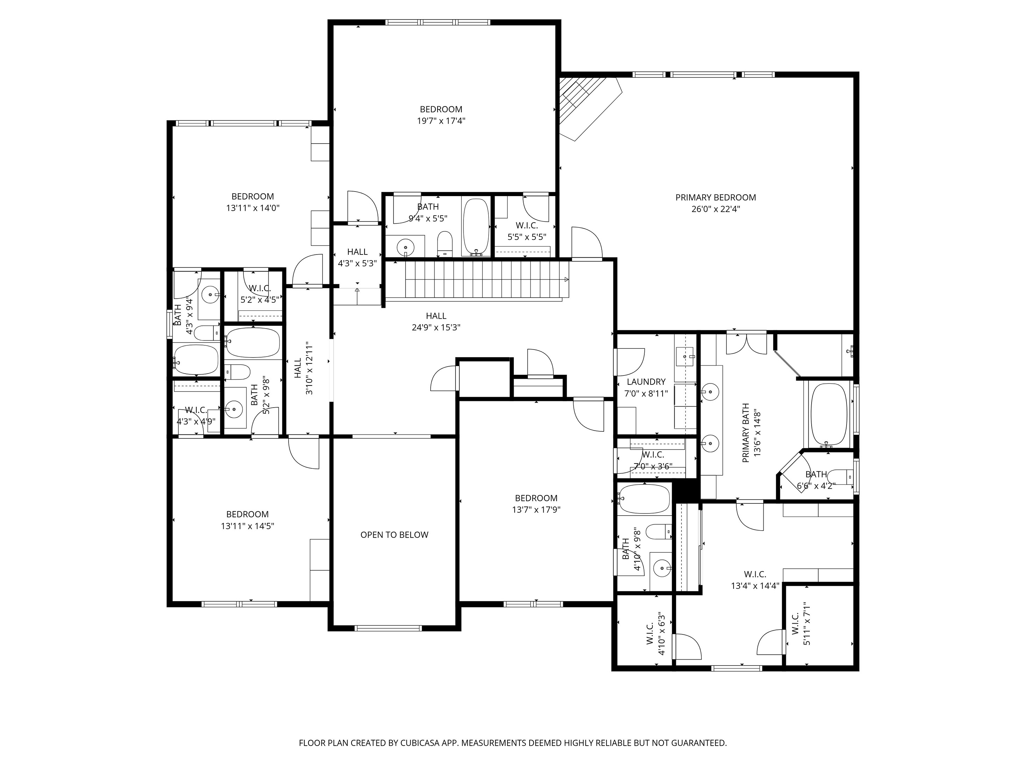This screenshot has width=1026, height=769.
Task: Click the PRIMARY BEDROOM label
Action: tap(715, 197)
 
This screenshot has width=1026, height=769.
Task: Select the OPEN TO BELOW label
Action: tap(394, 535)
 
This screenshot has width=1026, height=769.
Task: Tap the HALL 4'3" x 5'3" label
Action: tap(357, 258)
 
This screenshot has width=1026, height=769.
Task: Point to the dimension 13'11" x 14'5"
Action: tap(247, 526)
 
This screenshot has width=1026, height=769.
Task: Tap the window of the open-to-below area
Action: tap(388, 628)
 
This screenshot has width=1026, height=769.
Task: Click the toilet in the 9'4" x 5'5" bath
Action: tap(444, 243)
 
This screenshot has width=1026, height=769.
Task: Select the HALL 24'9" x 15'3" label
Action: tap(436, 322)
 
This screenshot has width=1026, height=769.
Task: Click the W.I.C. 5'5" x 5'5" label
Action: tap(526, 231)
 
